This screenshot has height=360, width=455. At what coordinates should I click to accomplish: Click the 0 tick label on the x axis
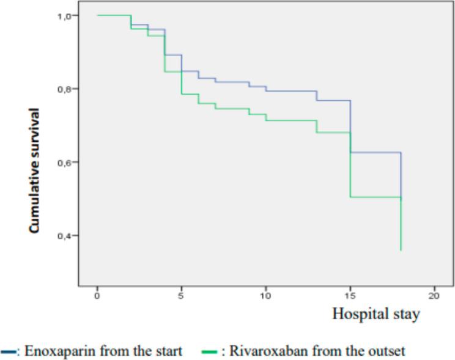click(x=97, y=296)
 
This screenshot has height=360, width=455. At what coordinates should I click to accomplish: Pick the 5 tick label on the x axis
click(x=182, y=296)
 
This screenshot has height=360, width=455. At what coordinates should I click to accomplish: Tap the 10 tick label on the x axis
click(x=265, y=296)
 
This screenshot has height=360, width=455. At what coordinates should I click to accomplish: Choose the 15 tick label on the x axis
click(x=350, y=296)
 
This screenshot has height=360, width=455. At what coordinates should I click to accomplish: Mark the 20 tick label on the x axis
click(x=434, y=296)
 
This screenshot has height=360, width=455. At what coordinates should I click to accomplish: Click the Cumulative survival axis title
click(x=35, y=171)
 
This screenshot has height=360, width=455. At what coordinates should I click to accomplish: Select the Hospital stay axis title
click(x=376, y=315)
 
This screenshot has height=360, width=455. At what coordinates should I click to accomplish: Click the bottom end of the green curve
click(x=401, y=249)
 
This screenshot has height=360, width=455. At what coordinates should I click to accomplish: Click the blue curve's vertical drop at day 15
click(x=350, y=127)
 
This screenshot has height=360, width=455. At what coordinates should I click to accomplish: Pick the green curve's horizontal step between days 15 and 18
click(x=375, y=197)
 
